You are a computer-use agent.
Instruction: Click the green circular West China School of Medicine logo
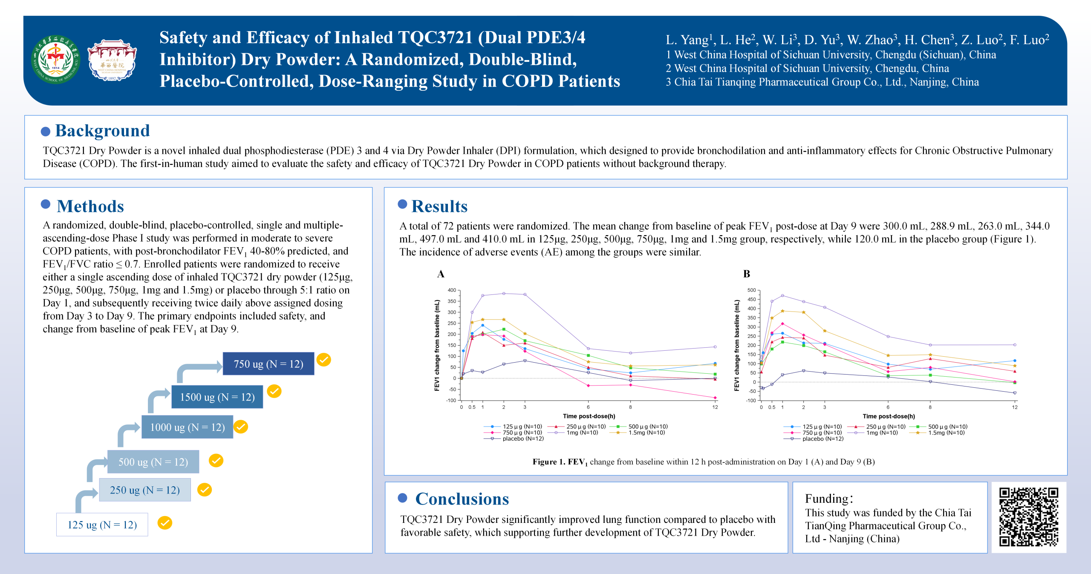point(56,60)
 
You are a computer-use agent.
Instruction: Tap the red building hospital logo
point(112,60)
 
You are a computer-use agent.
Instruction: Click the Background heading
point(102,130)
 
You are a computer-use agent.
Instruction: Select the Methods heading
point(90,206)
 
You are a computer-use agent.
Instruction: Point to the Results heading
point(439,206)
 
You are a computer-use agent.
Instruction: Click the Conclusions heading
point(462,499)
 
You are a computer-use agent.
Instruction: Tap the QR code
point(1029,517)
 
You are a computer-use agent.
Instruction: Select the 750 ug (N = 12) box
point(268,363)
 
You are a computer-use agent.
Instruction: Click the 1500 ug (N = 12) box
point(217,397)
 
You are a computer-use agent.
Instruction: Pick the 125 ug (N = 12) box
point(102,525)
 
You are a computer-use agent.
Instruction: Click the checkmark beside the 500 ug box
point(216,460)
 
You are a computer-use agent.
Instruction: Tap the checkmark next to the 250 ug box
point(205,490)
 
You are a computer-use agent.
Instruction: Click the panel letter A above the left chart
point(441,274)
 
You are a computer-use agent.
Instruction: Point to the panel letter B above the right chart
point(747,274)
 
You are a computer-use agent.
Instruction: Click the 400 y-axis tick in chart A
point(452,290)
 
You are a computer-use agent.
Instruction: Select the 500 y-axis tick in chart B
point(752,290)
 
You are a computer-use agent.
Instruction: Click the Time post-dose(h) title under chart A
point(589,416)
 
